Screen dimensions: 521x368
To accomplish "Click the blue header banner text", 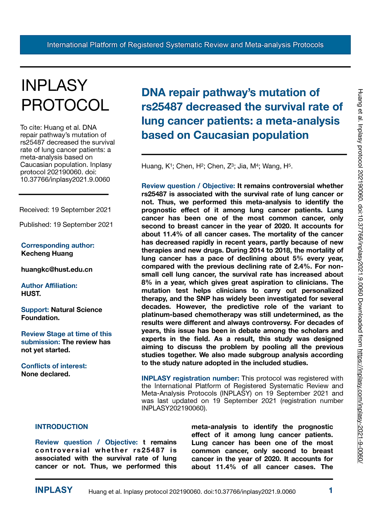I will (x=185, y=45).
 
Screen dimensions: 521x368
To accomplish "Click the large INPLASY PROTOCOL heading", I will (x=65, y=95).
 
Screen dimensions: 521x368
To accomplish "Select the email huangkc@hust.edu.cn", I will (x=57, y=269).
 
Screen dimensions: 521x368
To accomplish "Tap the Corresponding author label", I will (x=58, y=245).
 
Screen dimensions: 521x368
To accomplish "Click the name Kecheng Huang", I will (x=47, y=254).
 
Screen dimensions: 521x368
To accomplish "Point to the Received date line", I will (x=65, y=210).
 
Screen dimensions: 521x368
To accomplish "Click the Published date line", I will (x=66, y=225).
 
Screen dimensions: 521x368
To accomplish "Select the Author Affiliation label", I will (x=49, y=286).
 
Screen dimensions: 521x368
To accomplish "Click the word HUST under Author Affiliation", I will (x=31, y=294).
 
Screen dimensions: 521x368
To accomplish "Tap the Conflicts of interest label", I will (x=54, y=366).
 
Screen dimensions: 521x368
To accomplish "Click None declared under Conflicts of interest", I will (x=46, y=374).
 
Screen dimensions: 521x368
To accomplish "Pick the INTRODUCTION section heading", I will (x=61, y=427).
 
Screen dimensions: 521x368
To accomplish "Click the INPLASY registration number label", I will (x=190, y=378).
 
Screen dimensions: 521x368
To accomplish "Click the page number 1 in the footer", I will (x=331, y=490).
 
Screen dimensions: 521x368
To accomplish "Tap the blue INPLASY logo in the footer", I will (x=54, y=490).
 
